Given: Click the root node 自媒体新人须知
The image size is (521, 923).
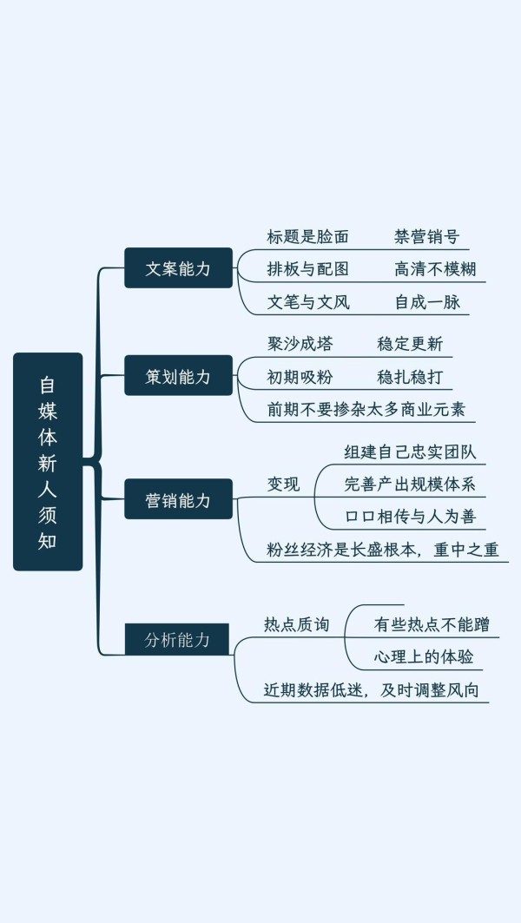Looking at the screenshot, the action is (48, 462).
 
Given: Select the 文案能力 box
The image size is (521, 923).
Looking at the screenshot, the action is (178, 267).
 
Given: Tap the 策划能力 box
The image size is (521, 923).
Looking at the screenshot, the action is (178, 376).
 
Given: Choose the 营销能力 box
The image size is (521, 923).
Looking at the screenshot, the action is (178, 499).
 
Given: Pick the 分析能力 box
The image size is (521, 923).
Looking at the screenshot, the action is (176, 639).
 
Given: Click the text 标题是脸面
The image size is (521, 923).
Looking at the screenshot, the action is (308, 237).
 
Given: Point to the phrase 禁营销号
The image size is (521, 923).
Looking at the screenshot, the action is (427, 237).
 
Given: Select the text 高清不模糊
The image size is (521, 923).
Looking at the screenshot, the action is (435, 269).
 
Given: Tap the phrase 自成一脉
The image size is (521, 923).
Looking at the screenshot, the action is (427, 302).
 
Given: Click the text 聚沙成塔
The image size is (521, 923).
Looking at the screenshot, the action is (300, 344).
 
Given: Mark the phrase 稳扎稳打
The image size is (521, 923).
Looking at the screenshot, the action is (410, 377).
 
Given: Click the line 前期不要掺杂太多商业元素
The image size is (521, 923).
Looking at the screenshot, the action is (366, 410).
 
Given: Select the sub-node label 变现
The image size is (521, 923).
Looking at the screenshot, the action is (284, 484).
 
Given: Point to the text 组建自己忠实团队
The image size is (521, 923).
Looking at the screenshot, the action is (411, 452).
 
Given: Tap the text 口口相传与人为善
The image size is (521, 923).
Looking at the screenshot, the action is (411, 517).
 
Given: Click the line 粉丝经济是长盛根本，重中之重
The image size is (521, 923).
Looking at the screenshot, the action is (383, 550).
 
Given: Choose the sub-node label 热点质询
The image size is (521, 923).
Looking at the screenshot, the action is (297, 624).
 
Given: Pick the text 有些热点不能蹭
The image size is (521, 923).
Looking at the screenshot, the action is (432, 624).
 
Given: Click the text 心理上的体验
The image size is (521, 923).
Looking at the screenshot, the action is (424, 657).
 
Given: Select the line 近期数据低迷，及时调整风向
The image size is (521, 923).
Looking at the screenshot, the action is (372, 690).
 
